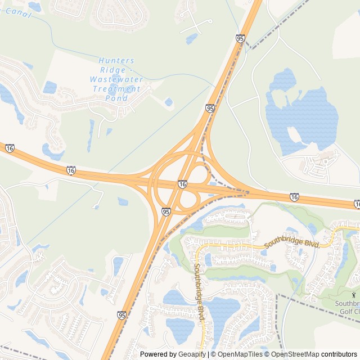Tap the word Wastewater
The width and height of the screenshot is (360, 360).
point(116,79)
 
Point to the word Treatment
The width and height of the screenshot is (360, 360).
point(116,89)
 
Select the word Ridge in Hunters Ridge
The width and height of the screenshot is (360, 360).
point(109,70)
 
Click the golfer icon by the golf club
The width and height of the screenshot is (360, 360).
point(354,294)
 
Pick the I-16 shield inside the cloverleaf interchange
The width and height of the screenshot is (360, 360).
point(182,184)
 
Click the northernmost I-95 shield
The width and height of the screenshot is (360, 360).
point(240,38)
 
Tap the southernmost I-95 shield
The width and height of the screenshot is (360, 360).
point(122,316)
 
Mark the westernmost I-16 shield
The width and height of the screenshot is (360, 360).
point(10,148)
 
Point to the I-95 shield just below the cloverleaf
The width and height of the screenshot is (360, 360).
point(166,211)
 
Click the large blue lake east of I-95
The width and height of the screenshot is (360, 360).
point(304,115)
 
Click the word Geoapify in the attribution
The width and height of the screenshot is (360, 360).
point(192,354)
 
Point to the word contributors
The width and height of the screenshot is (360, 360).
point(340,354)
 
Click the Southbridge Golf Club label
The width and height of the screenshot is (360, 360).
point(347,307)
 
